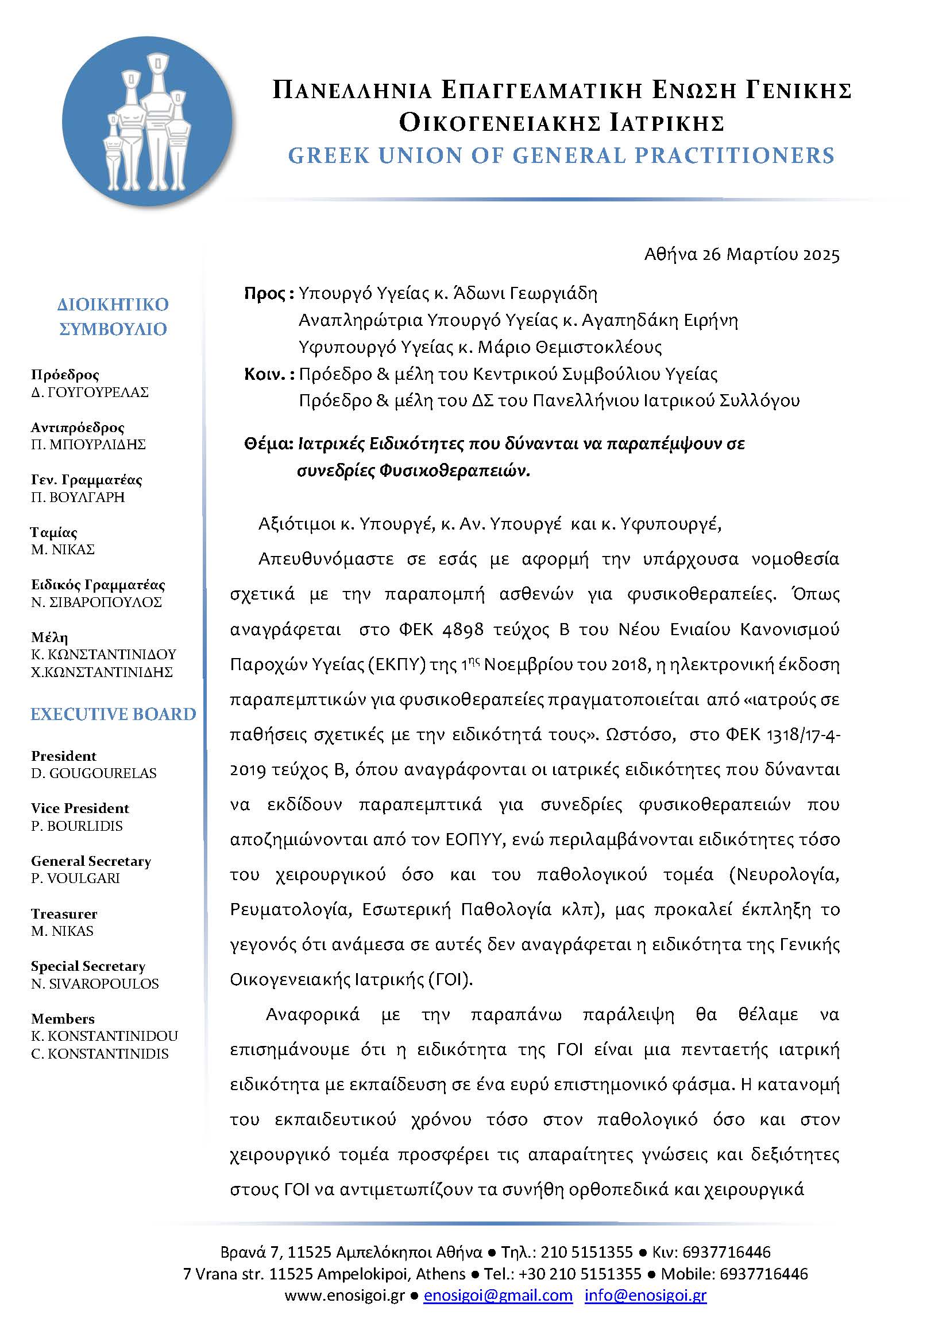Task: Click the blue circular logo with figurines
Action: click(148, 122)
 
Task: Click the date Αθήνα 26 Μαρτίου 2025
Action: click(742, 255)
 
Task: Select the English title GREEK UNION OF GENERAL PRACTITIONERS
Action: click(561, 155)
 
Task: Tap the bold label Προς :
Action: click(268, 293)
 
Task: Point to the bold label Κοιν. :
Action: click(268, 374)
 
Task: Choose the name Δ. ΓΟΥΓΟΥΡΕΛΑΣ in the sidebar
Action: click(90, 392)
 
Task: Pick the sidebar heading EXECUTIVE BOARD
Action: click(114, 714)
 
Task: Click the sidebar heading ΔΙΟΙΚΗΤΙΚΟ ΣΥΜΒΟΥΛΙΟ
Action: click(113, 316)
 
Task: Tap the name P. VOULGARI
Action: click(75, 878)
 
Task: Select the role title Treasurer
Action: click(64, 913)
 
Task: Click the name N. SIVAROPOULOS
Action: click(95, 984)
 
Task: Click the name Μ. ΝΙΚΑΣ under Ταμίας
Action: click(63, 550)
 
